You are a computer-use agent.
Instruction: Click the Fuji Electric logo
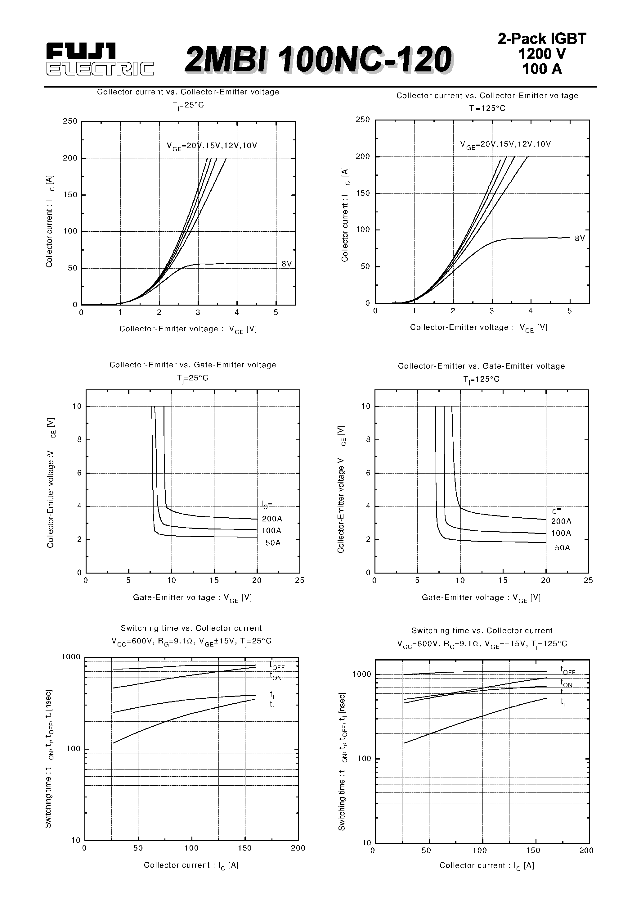(99, 60)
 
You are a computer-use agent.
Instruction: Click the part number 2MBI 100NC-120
(318, 59)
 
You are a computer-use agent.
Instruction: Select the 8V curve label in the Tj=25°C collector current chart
(286, 264)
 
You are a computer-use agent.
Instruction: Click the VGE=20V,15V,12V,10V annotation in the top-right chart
(505, 144)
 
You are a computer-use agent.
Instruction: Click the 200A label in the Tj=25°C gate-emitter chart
(272, 519)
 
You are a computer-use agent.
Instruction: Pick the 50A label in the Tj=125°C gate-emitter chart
(563, 548)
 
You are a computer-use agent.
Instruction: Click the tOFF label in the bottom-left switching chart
(277, 666)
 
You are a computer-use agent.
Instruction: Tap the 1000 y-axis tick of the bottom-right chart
(361, 674)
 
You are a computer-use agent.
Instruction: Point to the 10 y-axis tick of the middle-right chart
(366, 406)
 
